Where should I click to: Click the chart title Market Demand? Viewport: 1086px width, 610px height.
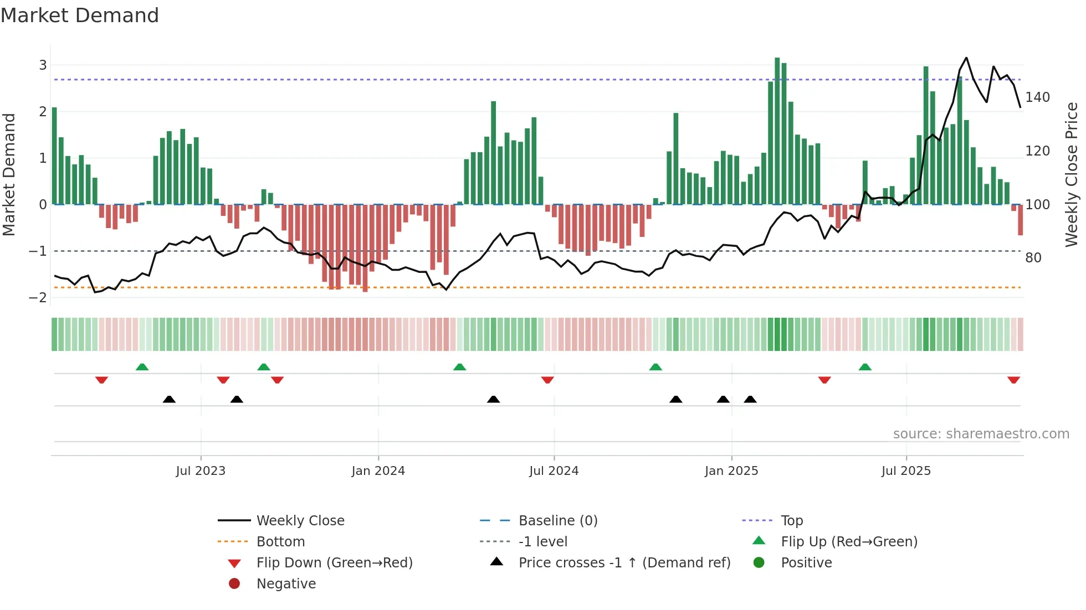(x=80, y=15)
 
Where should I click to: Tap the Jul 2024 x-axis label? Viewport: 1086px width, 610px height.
(x=554, y=471)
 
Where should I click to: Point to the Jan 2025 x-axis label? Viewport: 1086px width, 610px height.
(x=731, y=471)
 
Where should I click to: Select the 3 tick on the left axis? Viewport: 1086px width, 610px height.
(x=43, y=65)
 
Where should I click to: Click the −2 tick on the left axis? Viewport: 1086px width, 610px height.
(x=38, y=298)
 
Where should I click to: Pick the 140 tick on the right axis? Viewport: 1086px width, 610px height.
(x=1037, y=97)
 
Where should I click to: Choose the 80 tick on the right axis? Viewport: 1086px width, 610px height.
(x=1033, y=258)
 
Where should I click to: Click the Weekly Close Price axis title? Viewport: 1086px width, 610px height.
(x=1072, y=174)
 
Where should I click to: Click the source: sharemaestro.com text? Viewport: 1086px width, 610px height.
(x=981, y=434)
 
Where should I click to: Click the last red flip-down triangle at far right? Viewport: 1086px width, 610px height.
(x=1013, y=380)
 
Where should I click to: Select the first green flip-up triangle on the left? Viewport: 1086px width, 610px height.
(x=142, y=367)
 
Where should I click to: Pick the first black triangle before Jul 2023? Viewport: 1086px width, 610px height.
(x=169, y=399)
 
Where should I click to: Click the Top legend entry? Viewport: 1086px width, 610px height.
(x=791, y=521)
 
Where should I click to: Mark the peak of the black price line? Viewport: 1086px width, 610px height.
(x=966, y=58)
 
